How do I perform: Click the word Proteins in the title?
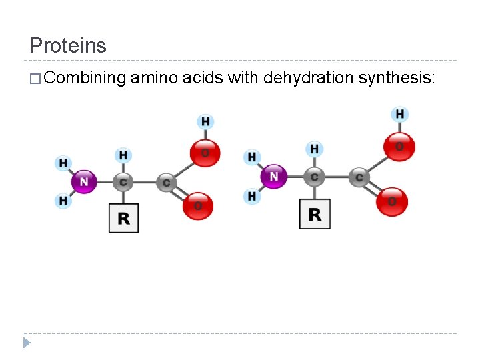[x=67, y=45]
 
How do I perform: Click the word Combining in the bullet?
[x=86, y=79]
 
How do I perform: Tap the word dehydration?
[x=308, y=79]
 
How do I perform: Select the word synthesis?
[x=396, y=79]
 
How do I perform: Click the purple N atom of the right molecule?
[x=274, y=177]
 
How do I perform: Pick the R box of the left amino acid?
[x=123, y=218]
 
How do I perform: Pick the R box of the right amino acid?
[x=315, y=214]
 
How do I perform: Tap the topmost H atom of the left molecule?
[x=205, y=121]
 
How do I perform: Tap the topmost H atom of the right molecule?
[x=399, y=114]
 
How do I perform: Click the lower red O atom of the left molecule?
[x=198, y=205]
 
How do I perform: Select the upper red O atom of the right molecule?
[x=399, y=147]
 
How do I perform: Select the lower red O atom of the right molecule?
[x=391, y=201]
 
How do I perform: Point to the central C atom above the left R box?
[x=123, y=181]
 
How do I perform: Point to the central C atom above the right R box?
[x=314, y=177]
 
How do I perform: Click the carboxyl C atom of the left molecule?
[x=166, y=182]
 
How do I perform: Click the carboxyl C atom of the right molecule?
[x=359, y=177]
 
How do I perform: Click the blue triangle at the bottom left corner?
[x=27, y=343]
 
